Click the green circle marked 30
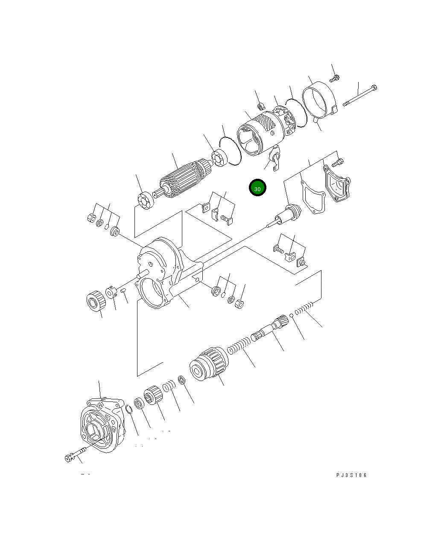click(x=257, y=188)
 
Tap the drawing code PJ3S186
click(x=351, y=475)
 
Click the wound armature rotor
click(x=183, y=178)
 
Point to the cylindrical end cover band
click(x=318, y=102)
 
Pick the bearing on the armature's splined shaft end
click(x=146, y=201)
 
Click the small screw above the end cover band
click(x=335, y=78)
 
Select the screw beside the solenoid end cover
click(x=338, y=162)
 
